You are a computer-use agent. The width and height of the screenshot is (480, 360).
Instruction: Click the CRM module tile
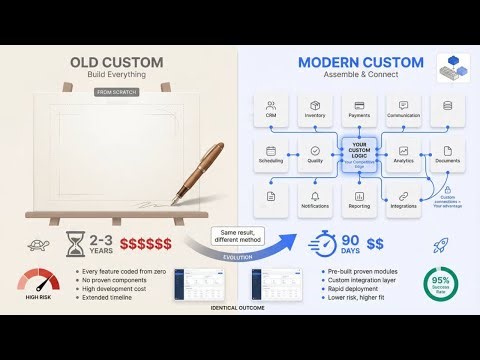pos(271,108)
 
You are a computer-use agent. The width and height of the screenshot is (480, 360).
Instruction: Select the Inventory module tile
pos(315,108)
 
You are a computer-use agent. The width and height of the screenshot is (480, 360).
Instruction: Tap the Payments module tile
pos(359,108)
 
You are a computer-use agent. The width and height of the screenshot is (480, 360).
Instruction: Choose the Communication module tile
pos(403,108)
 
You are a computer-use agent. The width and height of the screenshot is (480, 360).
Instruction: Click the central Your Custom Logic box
pos(359,155)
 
